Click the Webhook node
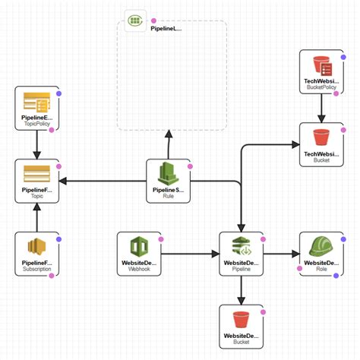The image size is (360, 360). tap(140, 254)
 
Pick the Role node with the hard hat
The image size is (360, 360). tap(318, 254)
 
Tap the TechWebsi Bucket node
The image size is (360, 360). tap(321, 145)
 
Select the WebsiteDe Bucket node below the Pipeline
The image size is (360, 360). tap(242, 326)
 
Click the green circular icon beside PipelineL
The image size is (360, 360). tap(134, 23)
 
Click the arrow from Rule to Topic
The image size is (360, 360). tap(103, 181)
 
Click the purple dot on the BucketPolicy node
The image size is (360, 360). tap(343, 53)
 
